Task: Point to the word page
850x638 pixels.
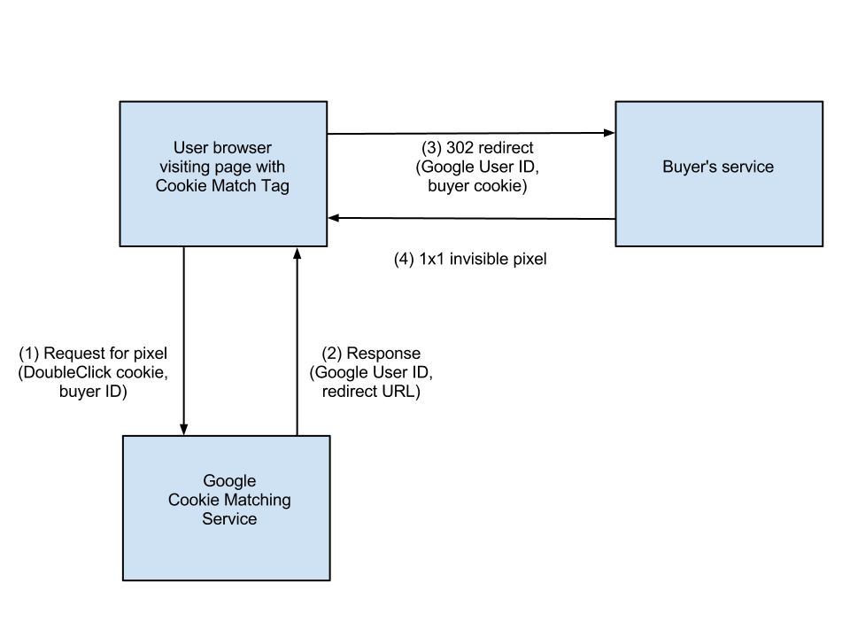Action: pos(235,167)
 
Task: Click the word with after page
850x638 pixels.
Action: pos(271,167)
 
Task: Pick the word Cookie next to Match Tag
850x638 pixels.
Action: pos(180,186)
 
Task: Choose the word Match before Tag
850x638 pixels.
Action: pos(232,186)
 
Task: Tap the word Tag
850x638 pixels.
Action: pos(275,186)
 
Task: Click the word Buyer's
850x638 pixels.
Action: pos(688,167)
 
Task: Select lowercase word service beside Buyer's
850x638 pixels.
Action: pos(746,167)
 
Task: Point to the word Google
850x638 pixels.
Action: pos(229,481)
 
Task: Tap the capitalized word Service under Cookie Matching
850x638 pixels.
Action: pos(229,519)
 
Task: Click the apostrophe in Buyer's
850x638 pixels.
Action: pos(706,162)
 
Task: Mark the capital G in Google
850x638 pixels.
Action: pos(210,481)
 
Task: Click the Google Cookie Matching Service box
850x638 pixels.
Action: pos(226,549)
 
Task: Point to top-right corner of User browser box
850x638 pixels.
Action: pos(326,103)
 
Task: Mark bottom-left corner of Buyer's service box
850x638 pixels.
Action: pos(617,245)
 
